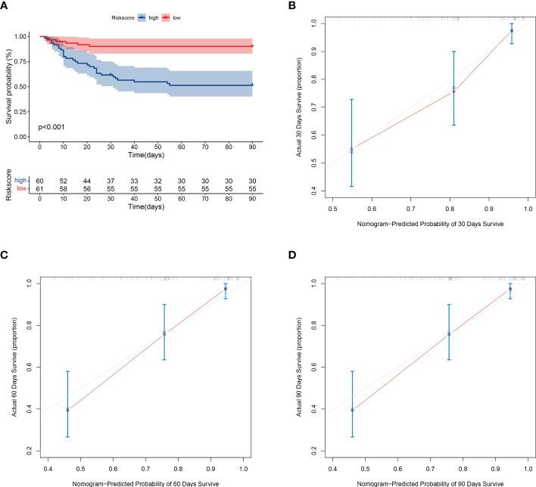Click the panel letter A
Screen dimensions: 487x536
click(6, 6)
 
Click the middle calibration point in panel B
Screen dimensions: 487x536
click(453, 90)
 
